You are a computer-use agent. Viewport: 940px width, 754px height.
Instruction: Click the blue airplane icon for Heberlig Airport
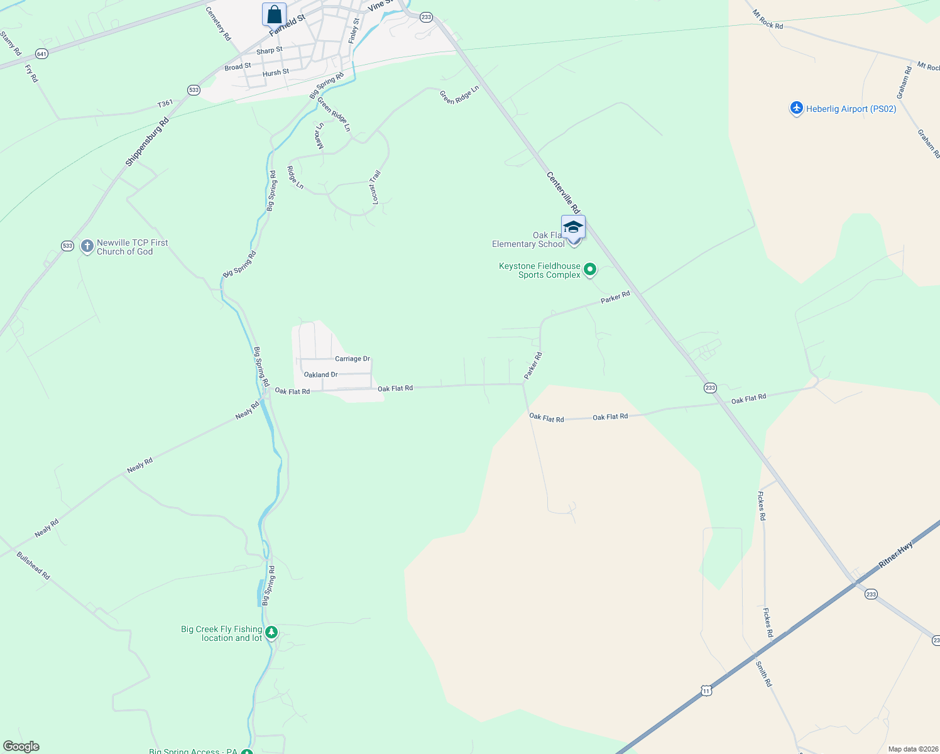[x=796, y=109]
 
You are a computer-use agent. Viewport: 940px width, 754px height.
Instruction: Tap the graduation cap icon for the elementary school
[x=573, y=227]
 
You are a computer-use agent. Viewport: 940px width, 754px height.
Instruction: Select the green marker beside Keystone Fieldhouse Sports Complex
[x=590, y=270]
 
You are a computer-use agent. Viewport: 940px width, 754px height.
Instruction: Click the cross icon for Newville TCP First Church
[x=87, y=246]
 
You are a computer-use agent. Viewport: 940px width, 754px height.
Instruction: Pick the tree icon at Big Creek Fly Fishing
[x=271, y=632]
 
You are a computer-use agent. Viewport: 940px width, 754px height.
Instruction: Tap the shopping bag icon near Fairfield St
[x=274, y=14]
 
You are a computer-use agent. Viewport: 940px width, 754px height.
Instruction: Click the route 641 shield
[x=41, y=54]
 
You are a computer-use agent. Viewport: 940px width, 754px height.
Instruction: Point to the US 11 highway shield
[x=706, y=691]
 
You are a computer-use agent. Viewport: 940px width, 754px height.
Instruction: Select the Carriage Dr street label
[x=352, y=359]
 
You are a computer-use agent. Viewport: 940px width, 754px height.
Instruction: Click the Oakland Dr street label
[x=321, y=374]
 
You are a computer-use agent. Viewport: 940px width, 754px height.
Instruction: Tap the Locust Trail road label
[x=375, y=187]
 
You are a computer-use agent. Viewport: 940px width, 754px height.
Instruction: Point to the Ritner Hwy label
[x=895, y=555]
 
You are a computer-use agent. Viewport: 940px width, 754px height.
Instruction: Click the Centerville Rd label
[x=563, y=192]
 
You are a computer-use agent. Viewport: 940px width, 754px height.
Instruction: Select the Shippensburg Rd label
[x=147, y=142]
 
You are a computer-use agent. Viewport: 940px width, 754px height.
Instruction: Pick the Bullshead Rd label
[x=33, y=565]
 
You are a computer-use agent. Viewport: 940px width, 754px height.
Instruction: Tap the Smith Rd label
[x=763, y=674]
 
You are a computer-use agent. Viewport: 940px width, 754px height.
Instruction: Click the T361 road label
[x=165, y=104]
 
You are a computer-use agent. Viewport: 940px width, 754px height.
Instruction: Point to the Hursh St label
[x=276, y=73]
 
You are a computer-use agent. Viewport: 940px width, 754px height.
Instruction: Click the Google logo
[x=21, y=746]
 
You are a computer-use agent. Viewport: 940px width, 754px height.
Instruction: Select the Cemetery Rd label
[x=219, y=24]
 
